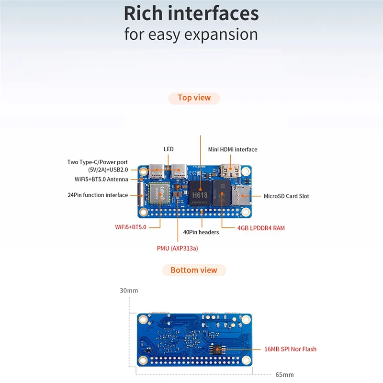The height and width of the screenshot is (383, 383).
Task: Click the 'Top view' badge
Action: click(x=194, y=98)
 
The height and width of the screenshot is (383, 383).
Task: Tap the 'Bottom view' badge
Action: click(x=194, y=270)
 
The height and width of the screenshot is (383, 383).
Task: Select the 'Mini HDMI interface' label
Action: click(x=232, y=149)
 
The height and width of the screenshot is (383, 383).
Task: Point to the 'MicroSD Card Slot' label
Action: click(x=286, y=196)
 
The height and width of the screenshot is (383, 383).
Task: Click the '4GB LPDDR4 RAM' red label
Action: click(x=261, y=228)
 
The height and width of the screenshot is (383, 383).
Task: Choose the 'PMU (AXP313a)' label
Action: click(x=177, y=248)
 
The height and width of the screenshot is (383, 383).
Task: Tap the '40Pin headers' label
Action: click(x=201, y=232)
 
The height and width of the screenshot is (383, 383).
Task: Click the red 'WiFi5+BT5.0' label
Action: click(x=131, y=227)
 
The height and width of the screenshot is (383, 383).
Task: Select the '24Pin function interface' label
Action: click(x=98, y=195)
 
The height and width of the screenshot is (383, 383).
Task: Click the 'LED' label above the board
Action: click(x=169, y=149)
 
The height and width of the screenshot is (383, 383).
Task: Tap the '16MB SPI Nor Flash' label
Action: click(x=290, y=349)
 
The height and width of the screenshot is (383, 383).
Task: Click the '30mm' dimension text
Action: click(x=129, y=291)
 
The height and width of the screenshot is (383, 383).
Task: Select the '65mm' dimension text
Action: click(x=284, y=374)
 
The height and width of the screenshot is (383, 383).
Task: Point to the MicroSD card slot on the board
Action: click(x=240, y=196)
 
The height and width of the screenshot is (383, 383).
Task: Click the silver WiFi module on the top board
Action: click(x=158, y=194)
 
